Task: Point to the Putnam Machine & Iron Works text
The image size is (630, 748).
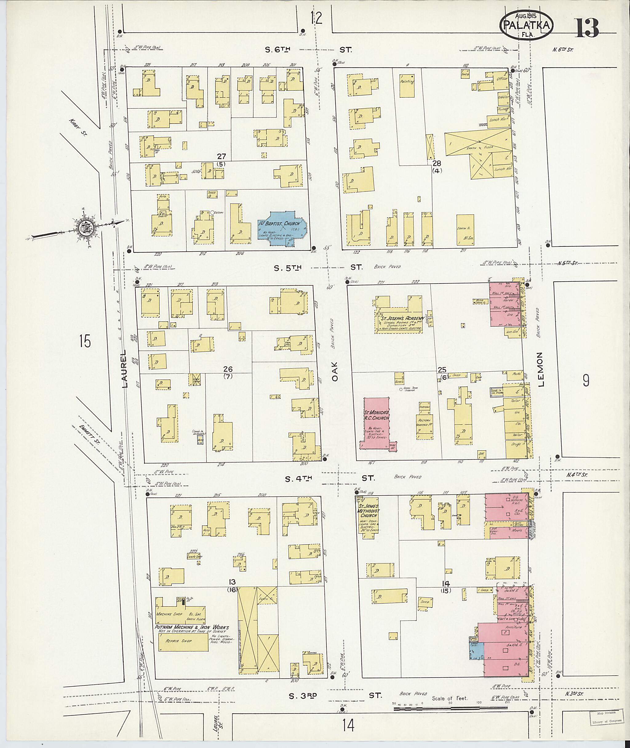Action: click(191, 628)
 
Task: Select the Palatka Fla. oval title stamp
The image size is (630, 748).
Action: click(525, 25)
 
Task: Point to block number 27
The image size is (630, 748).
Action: click(221, 156)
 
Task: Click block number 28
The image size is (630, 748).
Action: click(437, 163)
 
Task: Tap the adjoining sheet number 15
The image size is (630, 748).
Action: click(85, 342)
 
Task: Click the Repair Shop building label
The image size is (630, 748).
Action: click(178, 651)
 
